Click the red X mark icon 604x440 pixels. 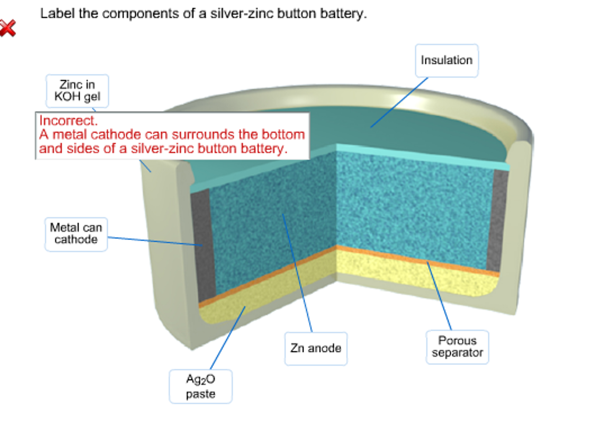click(8, 28)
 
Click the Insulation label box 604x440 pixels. click(446, 61)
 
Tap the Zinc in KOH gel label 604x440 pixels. click(77, 91)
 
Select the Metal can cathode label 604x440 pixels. click(76, 234)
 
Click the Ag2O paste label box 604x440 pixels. click(200, 386)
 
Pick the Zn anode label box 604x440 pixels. click(316, 348)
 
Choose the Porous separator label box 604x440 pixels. click(457, 347)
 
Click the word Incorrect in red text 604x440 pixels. click(68, 121)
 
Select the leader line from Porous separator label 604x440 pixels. click(439, 295)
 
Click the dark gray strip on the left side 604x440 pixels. click(203, 245)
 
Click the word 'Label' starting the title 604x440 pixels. click(57, 14)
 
